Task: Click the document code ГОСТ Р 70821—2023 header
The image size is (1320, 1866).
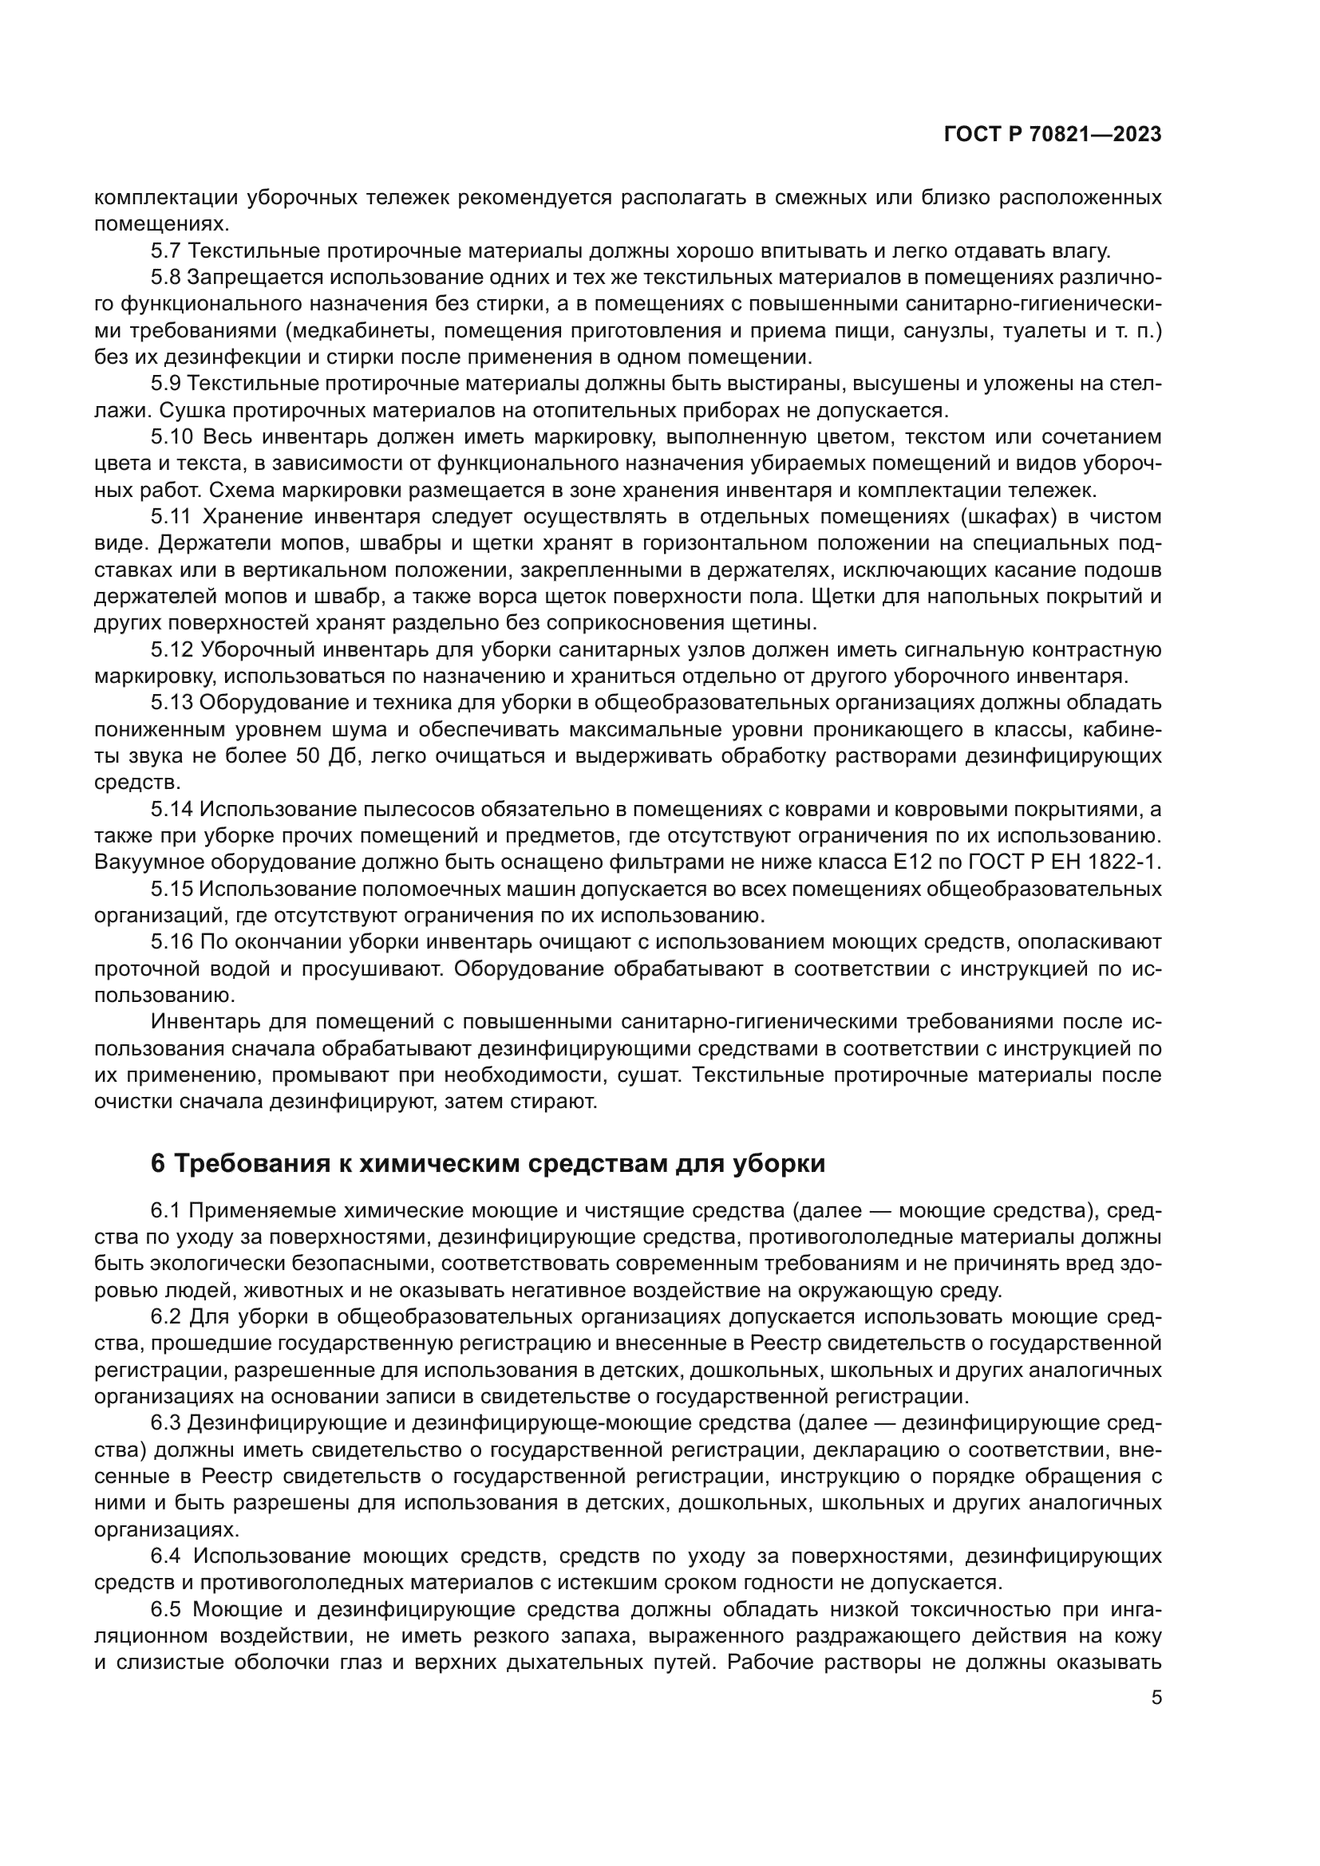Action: pos(1053,135)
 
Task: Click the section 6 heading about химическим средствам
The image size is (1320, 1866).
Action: pos(488,1164)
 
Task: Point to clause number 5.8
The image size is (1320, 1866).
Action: pos(166,278)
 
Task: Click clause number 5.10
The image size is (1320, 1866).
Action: pos(172,437)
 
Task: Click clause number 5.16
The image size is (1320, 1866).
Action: pos(172,942)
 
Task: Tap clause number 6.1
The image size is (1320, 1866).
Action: pos(166,1211)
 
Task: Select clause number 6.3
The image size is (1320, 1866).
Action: pos(166,1423)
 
